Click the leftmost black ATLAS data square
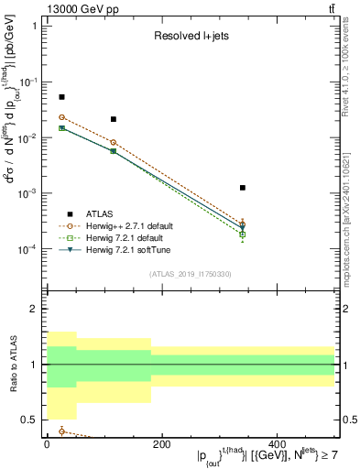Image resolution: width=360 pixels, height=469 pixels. coord(61,97)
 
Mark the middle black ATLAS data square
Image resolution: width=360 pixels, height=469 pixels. coord(113,119)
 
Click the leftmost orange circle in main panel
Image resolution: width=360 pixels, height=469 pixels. coord(61,117)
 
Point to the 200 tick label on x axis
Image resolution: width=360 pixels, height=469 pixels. coord(161,445)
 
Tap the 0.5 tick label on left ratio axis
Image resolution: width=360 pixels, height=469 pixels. coord(32,420)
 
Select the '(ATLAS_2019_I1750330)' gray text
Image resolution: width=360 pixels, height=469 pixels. coord(190,274)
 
